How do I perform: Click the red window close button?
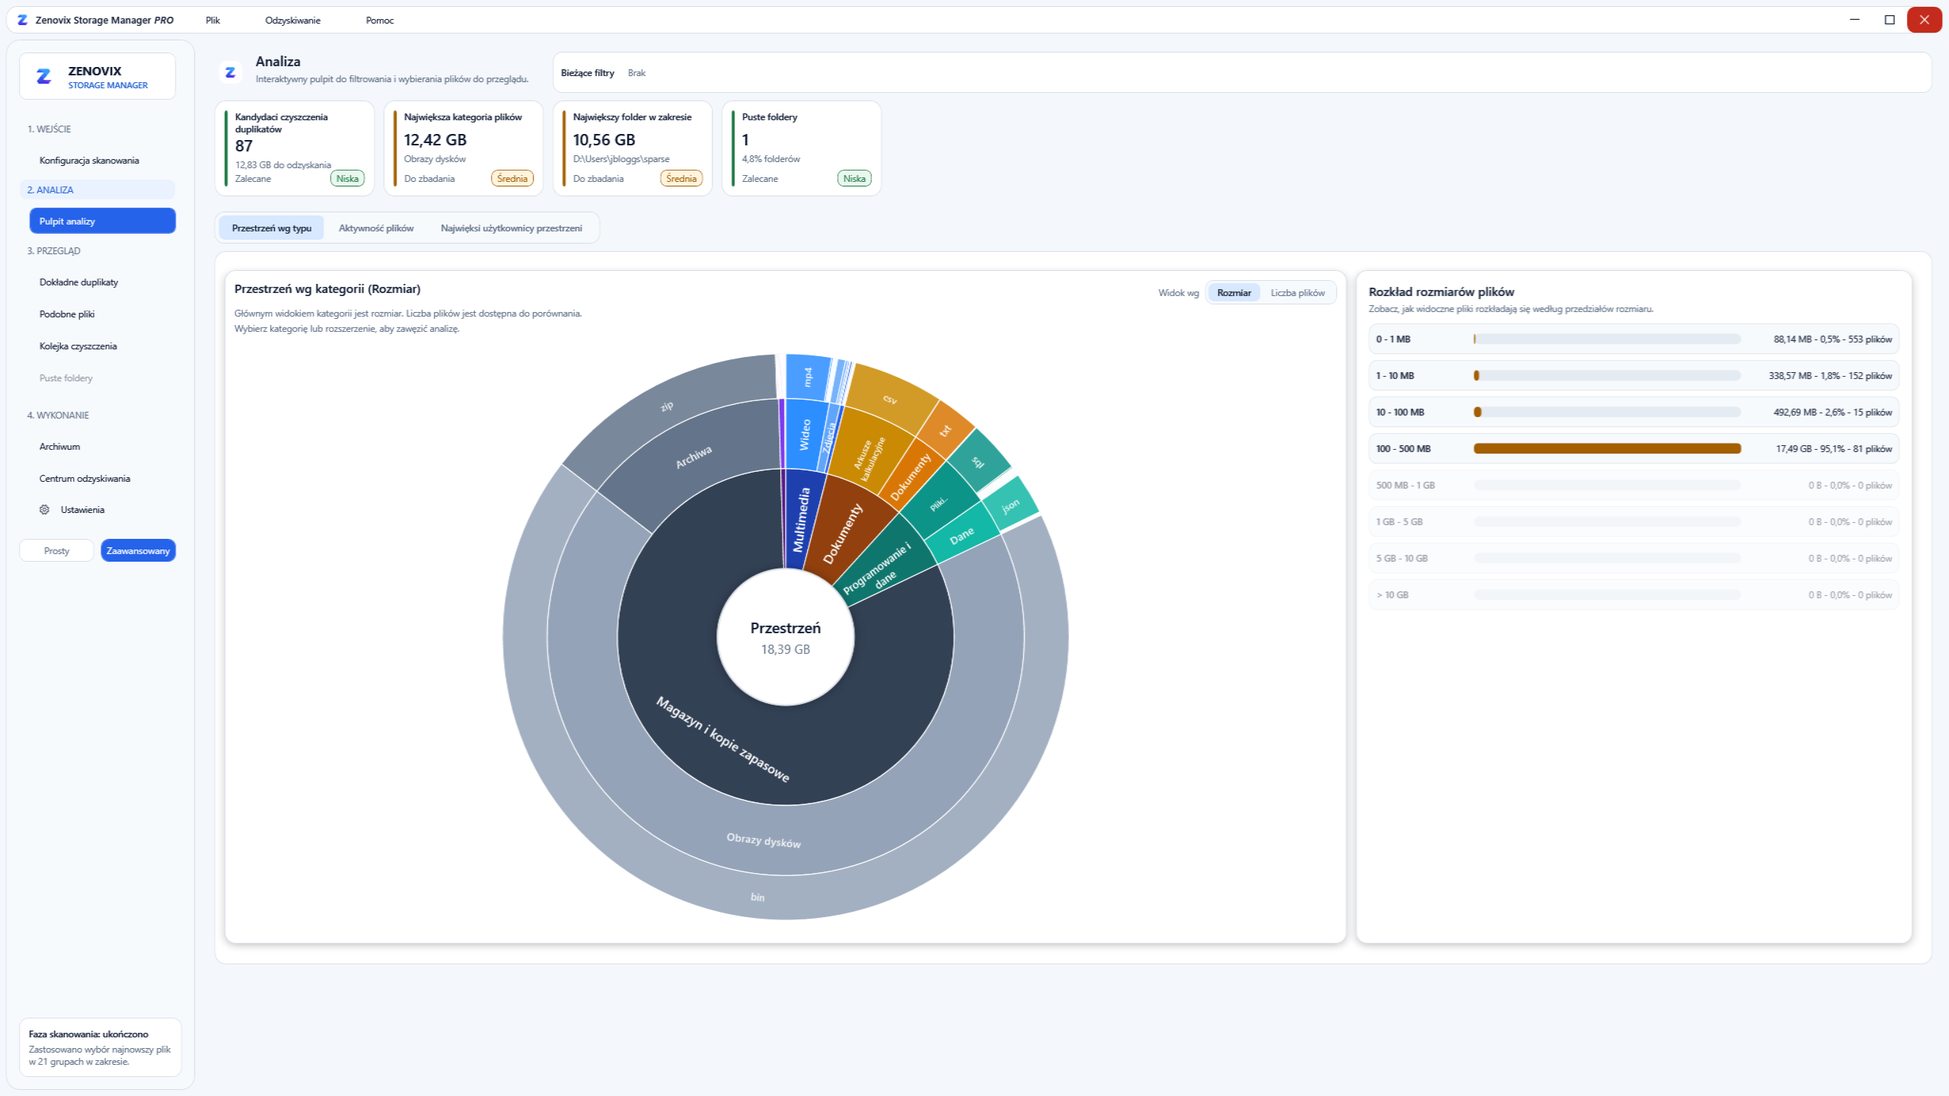tap(1924, 20)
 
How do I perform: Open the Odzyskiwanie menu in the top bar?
tap(292, 21)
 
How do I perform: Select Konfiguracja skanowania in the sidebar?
tap(89, 161)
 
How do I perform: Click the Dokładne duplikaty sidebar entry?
tap(78, 282)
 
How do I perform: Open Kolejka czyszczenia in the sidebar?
tap(78, 346)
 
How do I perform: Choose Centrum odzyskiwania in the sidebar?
tap(85, 479)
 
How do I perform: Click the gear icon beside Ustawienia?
tap(44, 510)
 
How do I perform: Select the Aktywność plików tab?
tap(376, 228)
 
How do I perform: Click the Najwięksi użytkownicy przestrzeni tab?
tap(512, 228)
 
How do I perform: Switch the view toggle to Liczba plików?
tap(1297, 293)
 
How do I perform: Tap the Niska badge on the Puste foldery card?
tap(854, 179)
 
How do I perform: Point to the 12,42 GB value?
tap(435, 140)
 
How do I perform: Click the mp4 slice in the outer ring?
tap(809, 376)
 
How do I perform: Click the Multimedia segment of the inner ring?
tap(801, 520)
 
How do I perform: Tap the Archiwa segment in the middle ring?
tap(693, 457)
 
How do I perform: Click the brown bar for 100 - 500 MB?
tap(1607, 449)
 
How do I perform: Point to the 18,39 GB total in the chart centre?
tap(786, 650)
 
